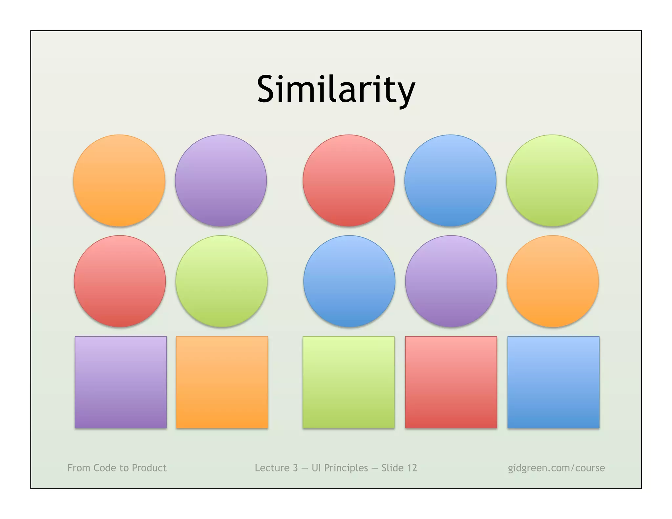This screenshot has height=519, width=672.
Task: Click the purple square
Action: [120, 382]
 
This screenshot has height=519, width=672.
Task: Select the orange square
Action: [222, 382]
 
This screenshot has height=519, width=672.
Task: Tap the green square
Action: [348, 382]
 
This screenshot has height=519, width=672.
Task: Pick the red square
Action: [451, 382]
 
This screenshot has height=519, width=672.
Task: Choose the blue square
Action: [553, 382]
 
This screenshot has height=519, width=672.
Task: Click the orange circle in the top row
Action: [119, 180]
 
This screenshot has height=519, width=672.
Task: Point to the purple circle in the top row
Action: [221, 180]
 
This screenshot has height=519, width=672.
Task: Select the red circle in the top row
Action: [348, 180]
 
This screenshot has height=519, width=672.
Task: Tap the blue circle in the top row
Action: [450, 180]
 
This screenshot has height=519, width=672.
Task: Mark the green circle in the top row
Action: [552, 180]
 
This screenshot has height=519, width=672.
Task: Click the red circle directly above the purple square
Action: [120, 281]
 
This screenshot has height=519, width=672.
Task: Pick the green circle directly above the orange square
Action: [221, 281]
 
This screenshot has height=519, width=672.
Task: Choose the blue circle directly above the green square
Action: [349, 281]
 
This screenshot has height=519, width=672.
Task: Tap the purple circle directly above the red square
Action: [451, 281]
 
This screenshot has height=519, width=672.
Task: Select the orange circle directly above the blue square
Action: [553, 281]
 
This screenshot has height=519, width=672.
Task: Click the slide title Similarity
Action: [336, 89]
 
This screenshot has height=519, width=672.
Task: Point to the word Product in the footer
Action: [149, 468]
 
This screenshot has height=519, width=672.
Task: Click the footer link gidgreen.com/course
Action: [556, 468]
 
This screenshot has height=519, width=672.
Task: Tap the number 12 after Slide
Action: [411, 468]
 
